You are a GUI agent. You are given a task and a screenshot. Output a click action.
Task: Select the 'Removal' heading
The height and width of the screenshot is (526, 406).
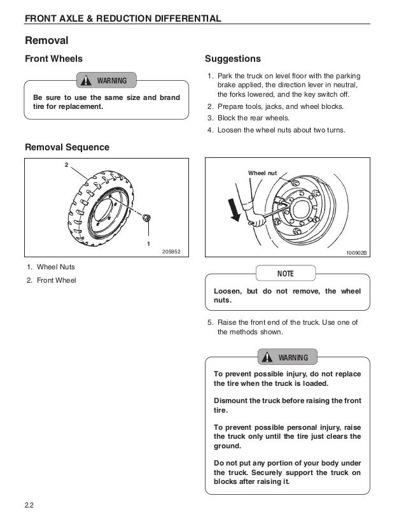[46, 40]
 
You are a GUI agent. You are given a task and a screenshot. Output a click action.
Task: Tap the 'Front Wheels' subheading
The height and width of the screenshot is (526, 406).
[53, 59]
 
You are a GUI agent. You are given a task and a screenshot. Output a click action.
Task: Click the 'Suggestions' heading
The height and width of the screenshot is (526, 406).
[233, 59]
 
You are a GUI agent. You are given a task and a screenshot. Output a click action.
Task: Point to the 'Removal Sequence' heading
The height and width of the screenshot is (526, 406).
[67, 147]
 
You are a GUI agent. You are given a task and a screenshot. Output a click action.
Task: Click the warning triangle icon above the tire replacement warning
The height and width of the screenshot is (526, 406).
[87, 80]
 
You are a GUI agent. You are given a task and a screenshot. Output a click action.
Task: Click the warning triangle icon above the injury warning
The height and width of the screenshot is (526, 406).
[268, 357]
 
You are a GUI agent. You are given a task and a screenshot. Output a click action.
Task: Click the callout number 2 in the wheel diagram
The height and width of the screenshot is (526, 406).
[66, 165]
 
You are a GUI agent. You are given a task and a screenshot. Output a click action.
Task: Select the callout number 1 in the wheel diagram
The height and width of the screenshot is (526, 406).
[148, 243]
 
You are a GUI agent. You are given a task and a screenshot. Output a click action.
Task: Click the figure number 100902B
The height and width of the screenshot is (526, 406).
[357, 253]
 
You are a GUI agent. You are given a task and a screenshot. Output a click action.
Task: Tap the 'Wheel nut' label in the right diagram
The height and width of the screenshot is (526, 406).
[263, 173]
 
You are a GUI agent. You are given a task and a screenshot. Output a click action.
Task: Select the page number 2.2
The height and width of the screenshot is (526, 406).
[29, 506]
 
